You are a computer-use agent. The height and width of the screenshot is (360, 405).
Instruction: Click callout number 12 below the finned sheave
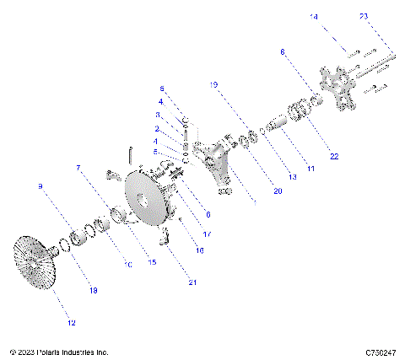click(71, 323)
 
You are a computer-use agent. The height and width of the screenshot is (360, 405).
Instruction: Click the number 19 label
click(213, 85)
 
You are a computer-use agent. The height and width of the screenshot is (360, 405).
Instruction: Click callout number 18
click(94, 290)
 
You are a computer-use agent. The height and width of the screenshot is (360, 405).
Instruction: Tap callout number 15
click(153, 262)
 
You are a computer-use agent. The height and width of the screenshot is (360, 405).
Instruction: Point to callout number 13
click(293, 177)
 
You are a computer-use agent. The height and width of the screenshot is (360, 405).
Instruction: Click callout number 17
click(208, 234)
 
